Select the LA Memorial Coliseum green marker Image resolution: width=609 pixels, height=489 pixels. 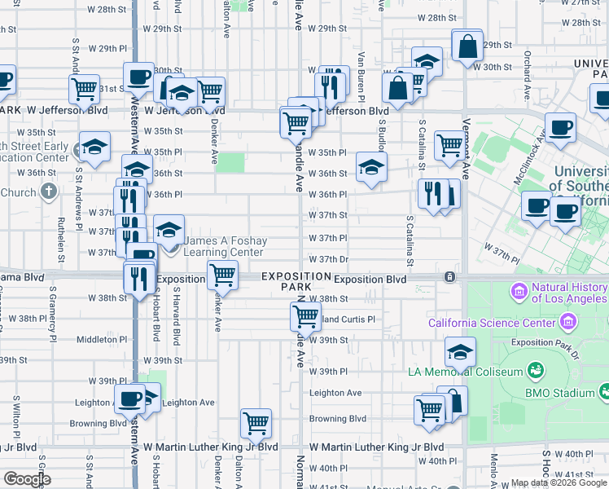[x=536, y=372]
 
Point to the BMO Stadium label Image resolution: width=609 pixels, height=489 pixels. [x=570, y=392]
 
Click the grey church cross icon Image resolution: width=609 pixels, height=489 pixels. [x=49, y=192]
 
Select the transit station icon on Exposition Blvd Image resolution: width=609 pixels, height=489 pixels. [x=449, y=277]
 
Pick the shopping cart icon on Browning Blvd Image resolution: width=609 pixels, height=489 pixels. [x=256, y=422]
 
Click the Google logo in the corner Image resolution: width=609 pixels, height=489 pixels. [x=26, y=480]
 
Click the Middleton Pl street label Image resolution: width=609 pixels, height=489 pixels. [x=101, y=339]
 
